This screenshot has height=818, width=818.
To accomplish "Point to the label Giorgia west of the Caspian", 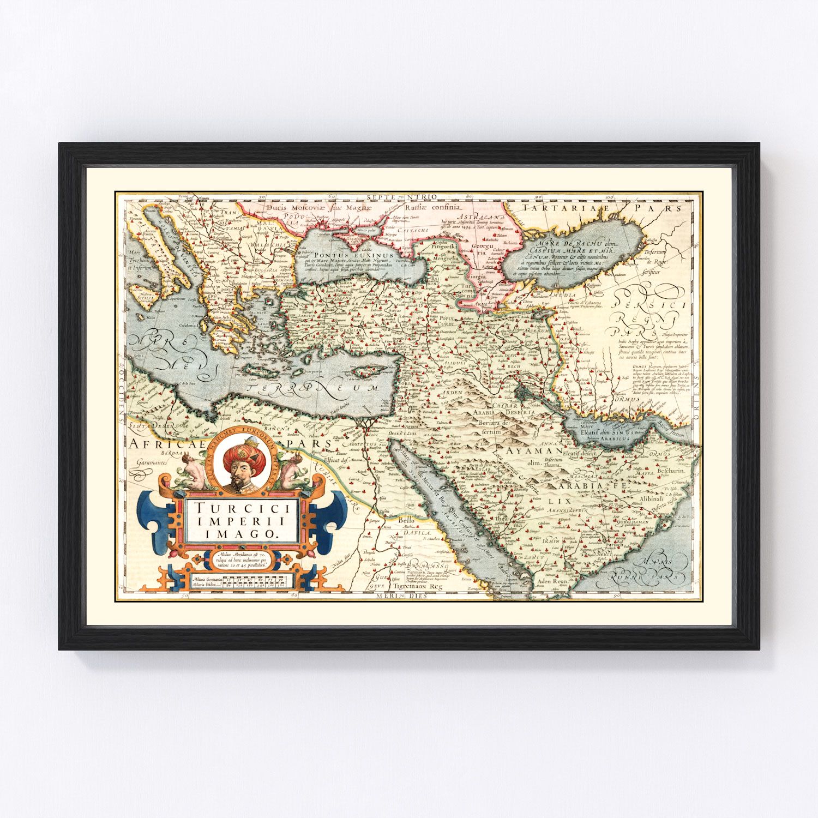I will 476,276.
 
